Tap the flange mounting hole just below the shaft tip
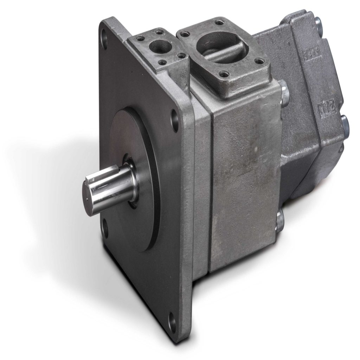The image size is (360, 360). click(104, 227)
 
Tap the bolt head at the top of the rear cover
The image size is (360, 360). click(318, 24)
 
